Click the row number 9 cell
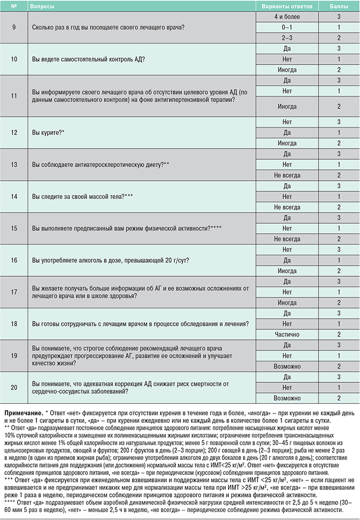point(13,27)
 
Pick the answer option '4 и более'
point(287,17)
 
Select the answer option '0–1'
point(287,28)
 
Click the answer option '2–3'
point(287,38)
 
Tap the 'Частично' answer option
point(287,334)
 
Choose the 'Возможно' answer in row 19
point(287,366)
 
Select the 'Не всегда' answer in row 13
point(287,175)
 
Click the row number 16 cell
point(13,260)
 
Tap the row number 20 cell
point(13,387)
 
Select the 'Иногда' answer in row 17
point(287,302)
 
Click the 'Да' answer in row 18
point(287,313)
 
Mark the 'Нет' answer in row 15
point(287,228)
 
